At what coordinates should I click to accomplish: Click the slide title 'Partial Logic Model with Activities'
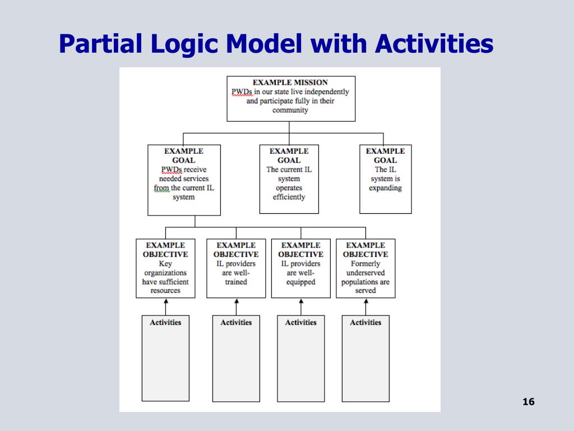pyautogui.click(x=276, y=44)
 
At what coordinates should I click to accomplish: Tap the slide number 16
pyautogui.click(x=528, y=402)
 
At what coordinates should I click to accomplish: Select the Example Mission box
pyautogui.click(x=290, y=98)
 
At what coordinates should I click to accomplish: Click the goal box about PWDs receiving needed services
pyautogui.click(x=184, y=180)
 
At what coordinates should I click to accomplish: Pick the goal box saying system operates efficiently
pyautogui.click(x=289, y=178)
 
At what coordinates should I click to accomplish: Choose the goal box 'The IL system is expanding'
pyautogui.click(x=385, y=178)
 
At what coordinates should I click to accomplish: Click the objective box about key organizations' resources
pyautogui.click(x=165, y=268)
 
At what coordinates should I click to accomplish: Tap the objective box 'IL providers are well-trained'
pyautogui.click(x=236, y=268)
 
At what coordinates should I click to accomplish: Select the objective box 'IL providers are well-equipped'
pyautogui.click(x=301, y=268)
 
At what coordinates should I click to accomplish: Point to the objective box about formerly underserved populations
pyautogui.click(x=365, y=268)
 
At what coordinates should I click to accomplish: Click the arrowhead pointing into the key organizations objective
pyautogui.click(x=165, y=301)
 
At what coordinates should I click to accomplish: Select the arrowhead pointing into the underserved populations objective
pyautogui.click(x=365, y=301)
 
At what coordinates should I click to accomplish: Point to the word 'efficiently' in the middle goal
pyautogui.click(x=289, y=197)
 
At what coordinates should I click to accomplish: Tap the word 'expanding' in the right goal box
pyautogui.click(x=385, y=188)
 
